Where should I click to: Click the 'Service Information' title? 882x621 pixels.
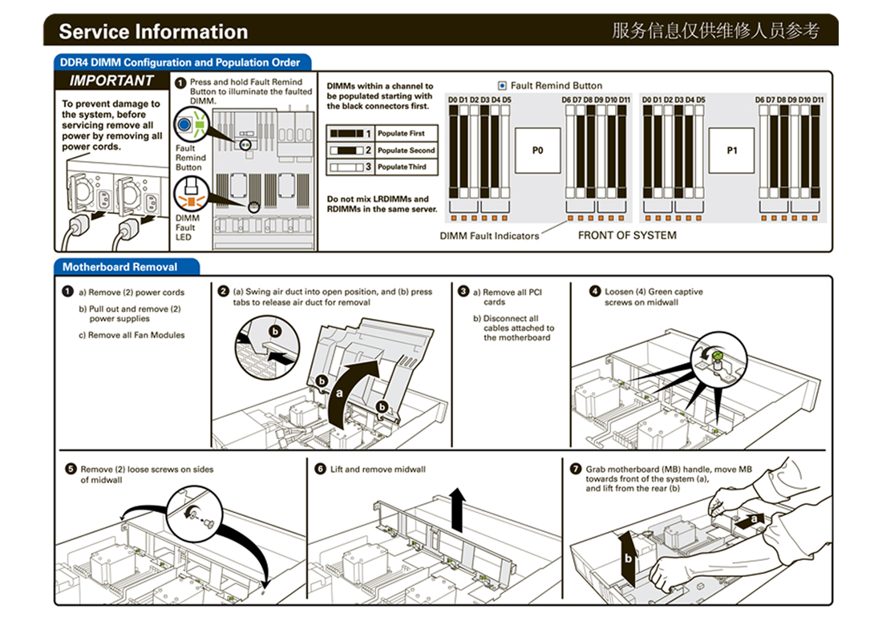(153, 32)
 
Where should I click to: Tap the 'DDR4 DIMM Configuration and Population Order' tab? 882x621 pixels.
(180, 63)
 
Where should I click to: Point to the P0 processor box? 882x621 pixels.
(537, 150)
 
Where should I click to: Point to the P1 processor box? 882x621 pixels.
(731, 150)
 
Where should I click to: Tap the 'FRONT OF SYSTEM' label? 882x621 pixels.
(627, 236)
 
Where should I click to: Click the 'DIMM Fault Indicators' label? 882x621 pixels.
(489, 236)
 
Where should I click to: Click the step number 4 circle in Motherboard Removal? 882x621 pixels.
(595, 292)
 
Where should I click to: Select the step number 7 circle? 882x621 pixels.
(575, 469)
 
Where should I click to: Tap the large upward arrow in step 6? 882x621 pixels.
(457, 510)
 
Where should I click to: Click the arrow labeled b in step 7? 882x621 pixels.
(630, 556)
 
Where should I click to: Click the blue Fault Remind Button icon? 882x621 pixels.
(185, 125)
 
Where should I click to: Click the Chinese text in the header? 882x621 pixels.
(715, 31)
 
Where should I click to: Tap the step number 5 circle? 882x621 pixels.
(71, 469)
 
